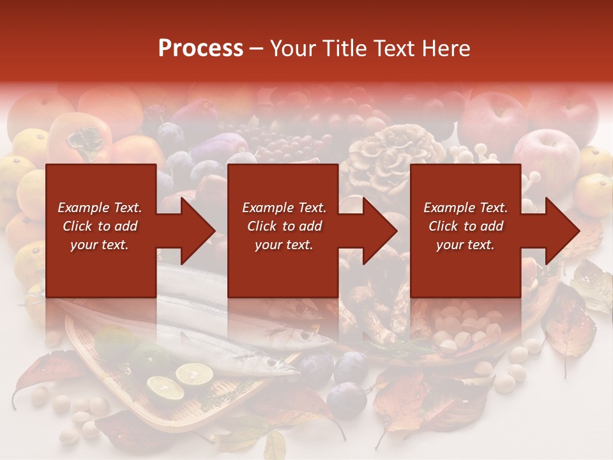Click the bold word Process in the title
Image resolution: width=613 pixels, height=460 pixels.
click(201, 49)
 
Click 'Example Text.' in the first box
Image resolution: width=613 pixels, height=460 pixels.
click(100, 208)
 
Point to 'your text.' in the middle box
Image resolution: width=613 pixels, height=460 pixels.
click(284, 245)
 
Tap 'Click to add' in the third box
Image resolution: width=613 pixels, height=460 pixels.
click(465, 226)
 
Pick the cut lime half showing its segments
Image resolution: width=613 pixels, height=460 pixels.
click(194, 374)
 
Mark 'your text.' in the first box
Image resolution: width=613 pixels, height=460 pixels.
click(100, 245)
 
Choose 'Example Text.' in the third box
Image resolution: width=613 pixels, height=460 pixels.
click(465, 208)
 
